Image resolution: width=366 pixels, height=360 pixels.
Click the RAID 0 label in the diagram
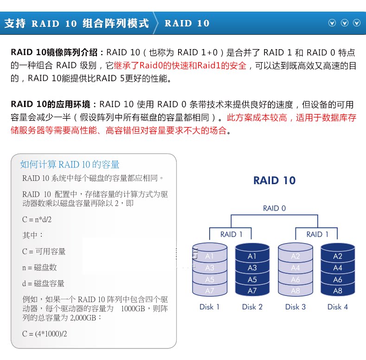pos(275,208)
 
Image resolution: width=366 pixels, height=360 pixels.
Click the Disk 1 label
pos(210,307)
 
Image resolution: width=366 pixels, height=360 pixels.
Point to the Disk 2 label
pos(252,307)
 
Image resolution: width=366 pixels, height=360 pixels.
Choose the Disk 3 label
pos(295,307)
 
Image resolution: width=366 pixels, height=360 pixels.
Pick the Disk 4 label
pos(338,307)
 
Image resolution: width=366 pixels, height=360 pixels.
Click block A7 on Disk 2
pos(252,291)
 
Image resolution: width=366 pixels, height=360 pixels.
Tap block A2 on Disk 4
pos(338,256)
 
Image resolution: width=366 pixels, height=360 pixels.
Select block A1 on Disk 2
pos(252,256)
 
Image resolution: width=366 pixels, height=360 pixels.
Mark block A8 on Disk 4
pos(338,291)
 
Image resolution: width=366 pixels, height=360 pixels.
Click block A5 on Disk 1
pos(210,279)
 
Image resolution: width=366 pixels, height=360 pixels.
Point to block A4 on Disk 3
pos(295,268)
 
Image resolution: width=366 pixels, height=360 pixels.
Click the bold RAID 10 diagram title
pos(275,180)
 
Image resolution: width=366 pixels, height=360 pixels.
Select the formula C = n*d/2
pos(37,219)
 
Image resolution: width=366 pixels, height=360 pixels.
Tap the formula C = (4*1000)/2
pos(45,334)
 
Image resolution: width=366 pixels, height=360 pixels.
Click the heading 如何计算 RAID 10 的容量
pos(70,165)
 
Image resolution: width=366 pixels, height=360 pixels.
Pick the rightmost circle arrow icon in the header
pos(357,23)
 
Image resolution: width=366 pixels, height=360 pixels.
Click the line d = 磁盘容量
pos(43,283)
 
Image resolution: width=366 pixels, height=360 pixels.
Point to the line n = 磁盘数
pos(39,268)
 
